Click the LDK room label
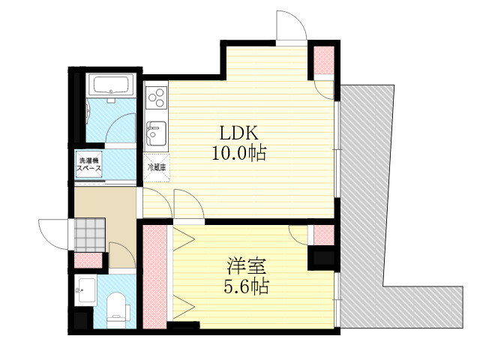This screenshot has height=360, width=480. tap(238, 133)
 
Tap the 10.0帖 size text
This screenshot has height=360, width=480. tap(239, 152)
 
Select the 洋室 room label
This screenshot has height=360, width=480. tap(247, 266)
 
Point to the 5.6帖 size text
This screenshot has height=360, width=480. tap(247, 286)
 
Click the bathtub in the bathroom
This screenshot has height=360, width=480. tap(111, 85)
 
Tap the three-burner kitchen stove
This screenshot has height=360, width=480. tap(157, 97)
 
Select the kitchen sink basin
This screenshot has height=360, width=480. tap(157, 133)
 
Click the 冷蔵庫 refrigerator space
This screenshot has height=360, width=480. tap(157, 168)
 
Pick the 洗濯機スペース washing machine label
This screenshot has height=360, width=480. tap(88, 164)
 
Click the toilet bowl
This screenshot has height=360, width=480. tap(117, 310)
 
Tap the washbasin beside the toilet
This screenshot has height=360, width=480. tap(85, 290)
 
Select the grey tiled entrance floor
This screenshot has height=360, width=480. tap(90, 234)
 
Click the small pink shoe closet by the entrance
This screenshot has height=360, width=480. tap(88, 260)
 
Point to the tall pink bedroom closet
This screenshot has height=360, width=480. tap(155, 277)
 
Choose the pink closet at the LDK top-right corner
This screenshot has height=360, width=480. tap(324, 60)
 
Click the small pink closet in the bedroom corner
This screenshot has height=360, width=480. tap(324, 235)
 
